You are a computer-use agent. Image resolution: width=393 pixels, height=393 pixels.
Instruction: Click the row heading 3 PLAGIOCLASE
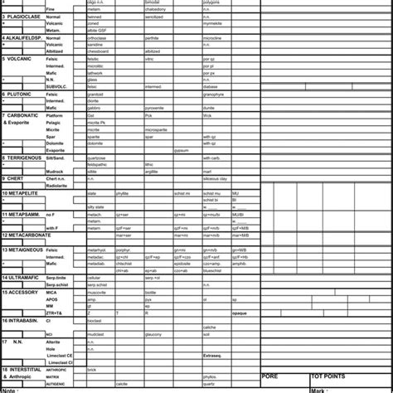22,17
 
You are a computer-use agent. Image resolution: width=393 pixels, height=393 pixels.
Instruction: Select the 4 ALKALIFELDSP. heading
23,38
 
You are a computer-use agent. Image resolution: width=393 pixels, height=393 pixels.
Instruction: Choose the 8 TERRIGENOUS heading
23,157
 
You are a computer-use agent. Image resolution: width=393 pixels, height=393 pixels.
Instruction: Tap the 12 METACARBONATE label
27,235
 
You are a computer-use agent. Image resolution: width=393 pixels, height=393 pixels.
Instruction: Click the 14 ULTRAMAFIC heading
22,277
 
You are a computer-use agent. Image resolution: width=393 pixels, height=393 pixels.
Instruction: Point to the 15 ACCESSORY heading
22,292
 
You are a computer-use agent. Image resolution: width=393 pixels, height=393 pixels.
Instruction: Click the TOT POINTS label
330,376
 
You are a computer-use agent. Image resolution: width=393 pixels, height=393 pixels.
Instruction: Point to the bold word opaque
240,313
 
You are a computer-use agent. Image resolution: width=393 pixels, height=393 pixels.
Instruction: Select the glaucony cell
153,334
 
